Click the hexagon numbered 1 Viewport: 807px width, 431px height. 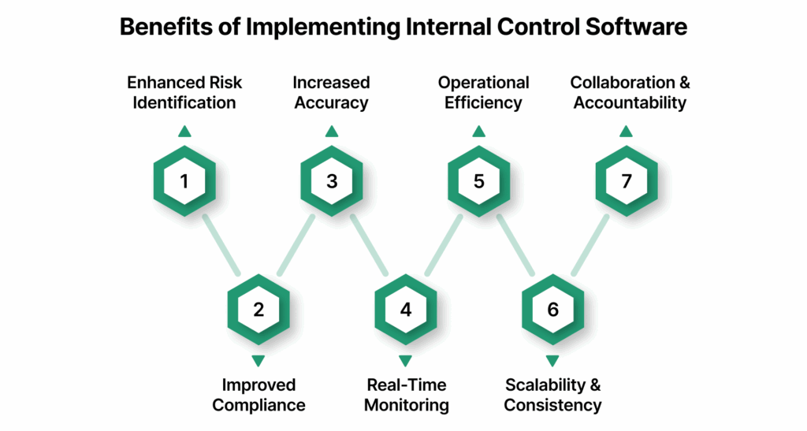[x=184, y=181]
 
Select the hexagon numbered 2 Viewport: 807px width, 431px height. [x=258, y=309]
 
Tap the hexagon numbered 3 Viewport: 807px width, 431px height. [x=332, y=181]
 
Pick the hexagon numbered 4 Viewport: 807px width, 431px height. [x=405, y=309]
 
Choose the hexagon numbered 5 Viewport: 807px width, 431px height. [x=479, y=181]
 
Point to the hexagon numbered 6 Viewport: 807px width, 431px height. [x=552, y=309]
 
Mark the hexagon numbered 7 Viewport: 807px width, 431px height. [x=627, y=181]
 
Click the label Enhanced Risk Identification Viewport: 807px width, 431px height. [x=184, y=92]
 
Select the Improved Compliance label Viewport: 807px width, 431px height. [x=258, y=395]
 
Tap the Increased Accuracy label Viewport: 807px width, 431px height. [x=332, y=92]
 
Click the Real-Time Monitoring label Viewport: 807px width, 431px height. [x=406, y=395]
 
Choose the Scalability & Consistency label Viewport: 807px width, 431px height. [x=552, y=395]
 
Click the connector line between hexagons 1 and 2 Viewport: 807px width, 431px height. [x=221, y=245]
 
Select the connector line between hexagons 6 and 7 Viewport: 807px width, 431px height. [x=589, y=245]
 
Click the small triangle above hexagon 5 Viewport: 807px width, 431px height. [x=479, y=132]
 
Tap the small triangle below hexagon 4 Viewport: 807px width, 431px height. [x=405, y=360]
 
